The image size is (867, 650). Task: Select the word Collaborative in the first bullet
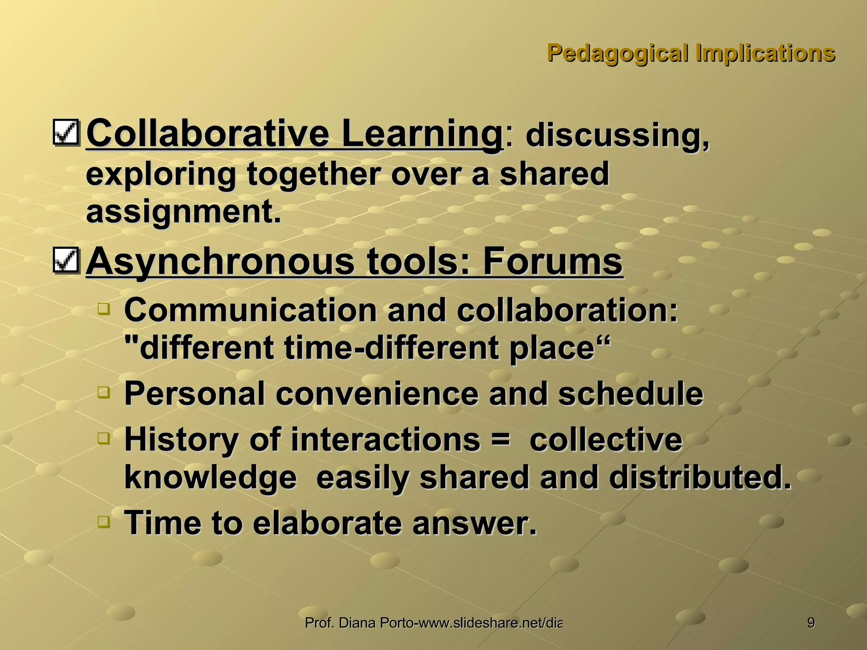(x=207, y=134)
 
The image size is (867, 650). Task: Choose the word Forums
(x=552, y=262)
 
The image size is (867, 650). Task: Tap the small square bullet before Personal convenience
(x=103, y=392)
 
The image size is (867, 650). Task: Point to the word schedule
(x=630, y=394)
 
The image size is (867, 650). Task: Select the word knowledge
(x=211, y=477)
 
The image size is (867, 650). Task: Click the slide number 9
(x=811, y=623)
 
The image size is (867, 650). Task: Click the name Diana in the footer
(x=358, y=623)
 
